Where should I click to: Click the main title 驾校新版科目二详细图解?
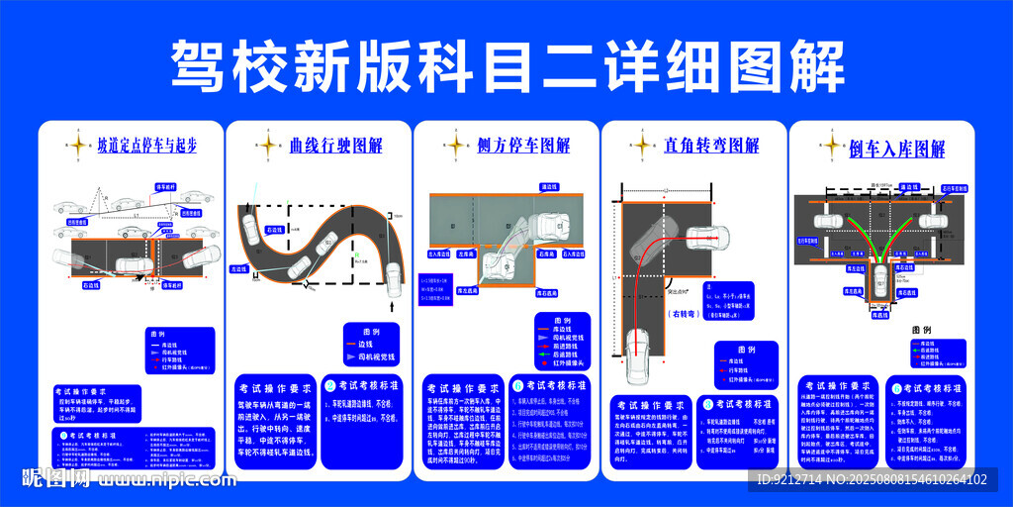coord(506,66)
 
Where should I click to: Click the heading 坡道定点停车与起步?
coord(146,147)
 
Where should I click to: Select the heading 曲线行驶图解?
coord(335,147)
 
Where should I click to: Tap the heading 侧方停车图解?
coord(523,147)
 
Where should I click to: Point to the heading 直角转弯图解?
coord(711,147)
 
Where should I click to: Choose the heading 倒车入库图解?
coord(897,150)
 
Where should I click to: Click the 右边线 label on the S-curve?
coord(276,229)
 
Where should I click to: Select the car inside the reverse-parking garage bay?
coord(879,279)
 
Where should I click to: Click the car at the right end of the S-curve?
coord(393,279)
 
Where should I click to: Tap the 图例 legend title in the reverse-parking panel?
coord(921,330)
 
